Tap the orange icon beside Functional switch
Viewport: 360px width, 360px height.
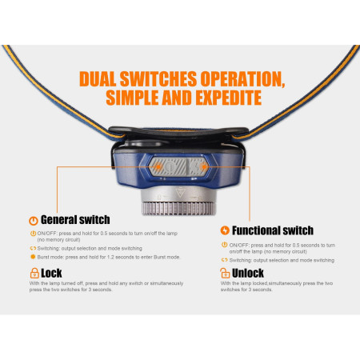tap(225, 231)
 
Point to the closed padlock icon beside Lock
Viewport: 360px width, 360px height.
tap(33, 273)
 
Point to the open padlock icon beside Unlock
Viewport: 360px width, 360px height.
tap(225, 274)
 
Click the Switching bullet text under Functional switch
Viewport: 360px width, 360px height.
tap(245, 261)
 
